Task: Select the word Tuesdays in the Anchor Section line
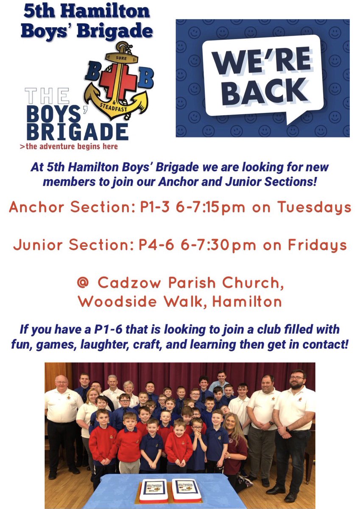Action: coord(315,208)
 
